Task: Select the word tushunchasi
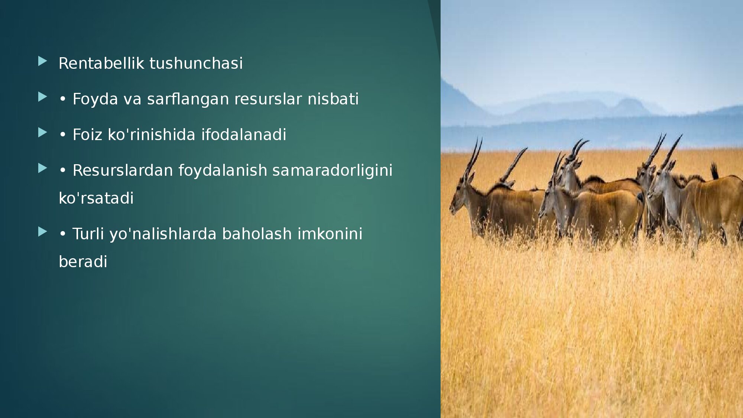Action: pyautogui.click(x=196, y=63)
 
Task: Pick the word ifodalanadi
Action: pyautogui.click(x=244, y=135)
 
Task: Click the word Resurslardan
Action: pyautogui.click(x=123, y=170)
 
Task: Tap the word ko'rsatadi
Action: pyautogui.click(x=96, y=198)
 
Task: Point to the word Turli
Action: pyautogui.click(x=88, y=234)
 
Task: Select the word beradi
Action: pyautogui.click(x=83, y=262)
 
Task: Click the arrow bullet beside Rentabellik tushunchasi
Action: pyautogui.click(x=42, y=61)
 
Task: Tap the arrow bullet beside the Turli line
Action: pyautogui.click(x=42, y=232)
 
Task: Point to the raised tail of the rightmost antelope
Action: pyautogui.click(x=714, y=171)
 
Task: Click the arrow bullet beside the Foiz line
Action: pyautogui.click(x=42, y=133)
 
